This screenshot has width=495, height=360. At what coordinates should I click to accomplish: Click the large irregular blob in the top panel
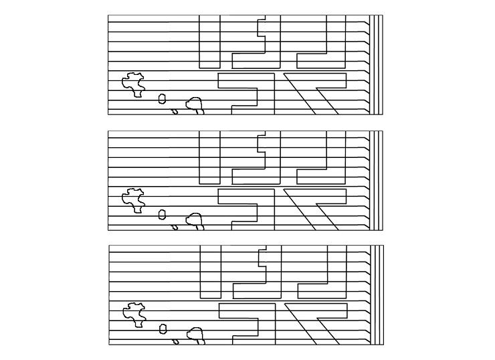(x=133, y=84)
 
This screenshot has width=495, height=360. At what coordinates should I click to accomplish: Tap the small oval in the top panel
(x=162, y=99)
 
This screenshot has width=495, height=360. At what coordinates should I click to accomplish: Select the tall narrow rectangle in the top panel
(x=209, y=41)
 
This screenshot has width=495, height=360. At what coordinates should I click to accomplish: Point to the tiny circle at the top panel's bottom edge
(x=175, y=112)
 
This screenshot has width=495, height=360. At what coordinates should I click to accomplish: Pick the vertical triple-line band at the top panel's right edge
(x=378, y=64)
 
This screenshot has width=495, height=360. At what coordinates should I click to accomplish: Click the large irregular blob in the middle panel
(x=133, y=199)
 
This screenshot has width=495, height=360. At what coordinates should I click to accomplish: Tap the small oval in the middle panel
(x=162, y=214)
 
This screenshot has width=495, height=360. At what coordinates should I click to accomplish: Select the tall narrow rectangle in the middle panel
(x=209, y=157)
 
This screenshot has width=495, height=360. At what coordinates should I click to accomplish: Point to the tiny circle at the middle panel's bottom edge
(x=175, y=227)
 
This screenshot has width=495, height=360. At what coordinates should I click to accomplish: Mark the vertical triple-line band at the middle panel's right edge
(x=378, y=179)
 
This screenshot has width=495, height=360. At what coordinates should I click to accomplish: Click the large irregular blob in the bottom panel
(x=134, y=313)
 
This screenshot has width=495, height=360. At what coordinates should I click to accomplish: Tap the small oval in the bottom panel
(x=163, y=329)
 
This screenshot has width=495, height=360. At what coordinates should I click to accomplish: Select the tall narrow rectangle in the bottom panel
(x=210, y=271)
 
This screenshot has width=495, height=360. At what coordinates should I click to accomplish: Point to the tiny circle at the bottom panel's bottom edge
(x=176, y=341)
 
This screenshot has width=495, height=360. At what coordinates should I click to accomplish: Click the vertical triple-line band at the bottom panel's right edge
(x=379, y=294)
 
